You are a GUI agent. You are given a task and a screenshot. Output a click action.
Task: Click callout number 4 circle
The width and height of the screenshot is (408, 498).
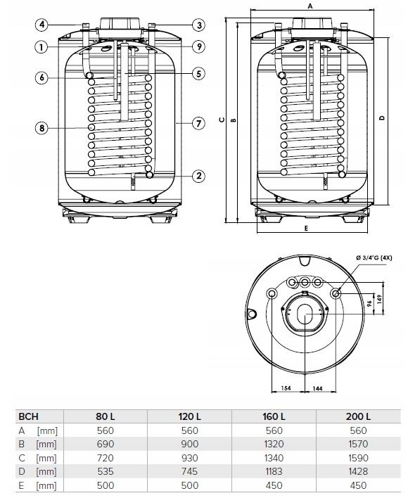pos(42,25)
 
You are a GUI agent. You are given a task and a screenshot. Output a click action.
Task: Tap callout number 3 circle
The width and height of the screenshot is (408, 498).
pos(199,25)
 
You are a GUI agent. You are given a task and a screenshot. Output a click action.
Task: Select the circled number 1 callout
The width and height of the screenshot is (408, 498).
pos(42,47)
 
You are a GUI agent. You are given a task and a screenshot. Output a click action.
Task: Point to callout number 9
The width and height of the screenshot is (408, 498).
pos(199,46)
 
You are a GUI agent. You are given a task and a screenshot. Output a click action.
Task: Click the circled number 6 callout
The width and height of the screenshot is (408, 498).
pos(42,77)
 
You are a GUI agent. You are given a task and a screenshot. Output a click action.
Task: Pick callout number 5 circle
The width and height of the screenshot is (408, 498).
pos(199,74)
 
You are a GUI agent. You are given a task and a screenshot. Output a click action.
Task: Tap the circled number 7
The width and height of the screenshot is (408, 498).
pos(199,123)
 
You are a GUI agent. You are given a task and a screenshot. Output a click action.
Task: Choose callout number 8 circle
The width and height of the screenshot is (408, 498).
pos(42,128)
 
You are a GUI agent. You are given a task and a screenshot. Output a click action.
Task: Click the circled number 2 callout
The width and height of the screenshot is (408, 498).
pos(199,176)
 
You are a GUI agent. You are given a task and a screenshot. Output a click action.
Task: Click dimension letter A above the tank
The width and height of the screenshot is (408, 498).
pos(310,6)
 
